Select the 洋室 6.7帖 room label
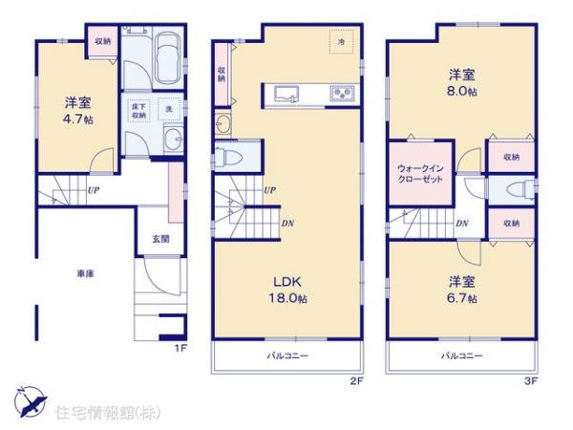[x=462, y=289]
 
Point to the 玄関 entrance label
[x=158, y=239]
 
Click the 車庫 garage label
[x=86, y=274]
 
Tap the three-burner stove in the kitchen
[x=341, y=94]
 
